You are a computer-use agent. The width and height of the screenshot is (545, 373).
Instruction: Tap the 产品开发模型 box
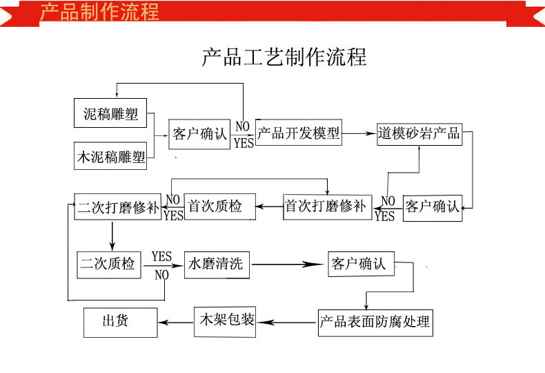pos(299,133)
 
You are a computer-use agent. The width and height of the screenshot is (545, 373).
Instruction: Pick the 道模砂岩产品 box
pos(419,133)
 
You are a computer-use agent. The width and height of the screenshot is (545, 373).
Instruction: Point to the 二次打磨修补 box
pos(117,207)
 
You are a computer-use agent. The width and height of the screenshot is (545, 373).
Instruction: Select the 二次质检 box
pos(108,263)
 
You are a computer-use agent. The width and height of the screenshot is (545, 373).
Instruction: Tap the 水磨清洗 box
pos(217,263)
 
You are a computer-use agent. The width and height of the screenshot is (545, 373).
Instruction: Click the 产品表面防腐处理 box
pos(375,322)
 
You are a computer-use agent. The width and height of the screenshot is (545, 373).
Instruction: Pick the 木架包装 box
pos(225,321)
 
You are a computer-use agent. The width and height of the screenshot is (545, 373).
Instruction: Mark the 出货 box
pos(120,321)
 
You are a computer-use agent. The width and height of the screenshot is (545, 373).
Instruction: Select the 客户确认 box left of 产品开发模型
pos(199,134)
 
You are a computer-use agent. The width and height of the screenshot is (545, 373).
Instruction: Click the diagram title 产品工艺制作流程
pos(284,57)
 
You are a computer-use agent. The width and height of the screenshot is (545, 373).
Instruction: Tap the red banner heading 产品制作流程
pos(99,12)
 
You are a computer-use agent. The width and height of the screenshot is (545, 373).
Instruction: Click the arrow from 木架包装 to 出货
pos(176,321)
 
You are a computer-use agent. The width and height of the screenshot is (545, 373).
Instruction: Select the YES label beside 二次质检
pos(161,257)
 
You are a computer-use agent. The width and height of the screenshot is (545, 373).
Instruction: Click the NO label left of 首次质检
pos(172,200)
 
